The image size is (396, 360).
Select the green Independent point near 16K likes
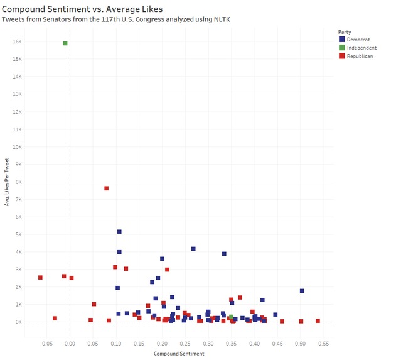click(x=65, y=43)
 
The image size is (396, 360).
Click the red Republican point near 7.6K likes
click(x=107, y=188)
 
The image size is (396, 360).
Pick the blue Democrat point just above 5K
click(x=119, y=232)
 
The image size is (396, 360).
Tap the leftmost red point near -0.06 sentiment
click(x=40, y=277)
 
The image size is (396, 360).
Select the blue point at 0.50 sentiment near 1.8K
click(x=302, y=291)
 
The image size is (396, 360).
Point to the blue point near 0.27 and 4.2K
click(x=193, y=249)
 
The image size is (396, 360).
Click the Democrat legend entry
click(x=358, y=40)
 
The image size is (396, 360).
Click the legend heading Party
click(x=345, y=31)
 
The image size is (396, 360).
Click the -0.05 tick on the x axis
click(x=46, y=344)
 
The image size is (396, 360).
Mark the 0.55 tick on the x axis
click(x=323, y=344)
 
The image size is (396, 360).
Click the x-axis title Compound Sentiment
click(x=179, y=354)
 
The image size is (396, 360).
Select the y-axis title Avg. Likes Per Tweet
click(x=7, y=182)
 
